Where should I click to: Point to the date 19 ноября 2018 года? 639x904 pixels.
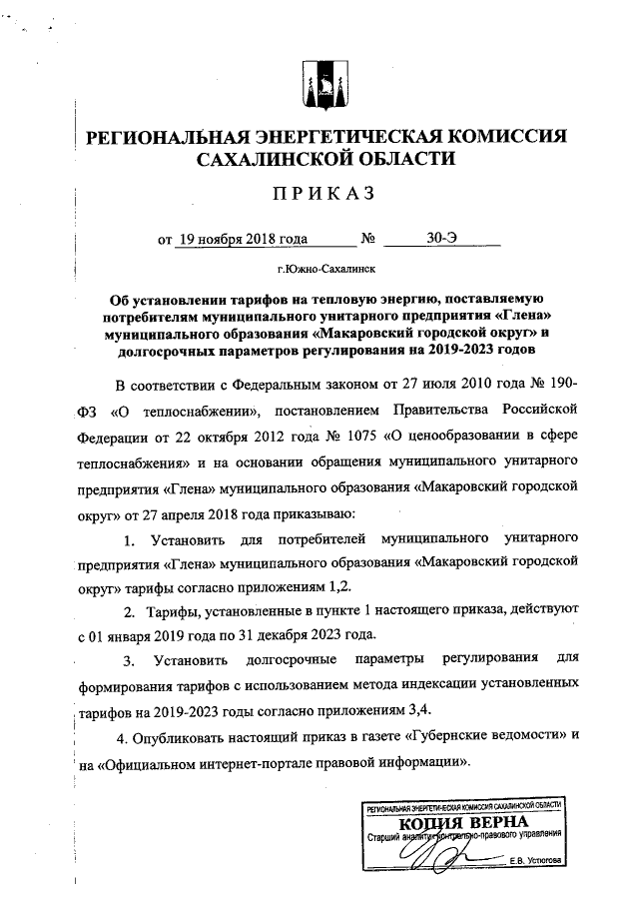241,240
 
